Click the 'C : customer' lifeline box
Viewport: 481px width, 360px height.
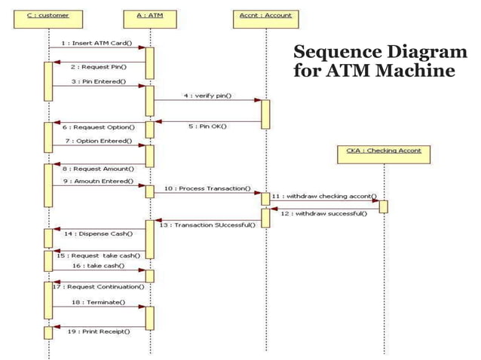[47, 15]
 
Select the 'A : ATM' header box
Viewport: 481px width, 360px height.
[149, 15]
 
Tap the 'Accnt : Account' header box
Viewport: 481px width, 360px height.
[265, 15]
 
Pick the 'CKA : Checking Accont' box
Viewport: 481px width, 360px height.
[384, 151]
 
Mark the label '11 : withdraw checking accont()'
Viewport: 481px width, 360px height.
[324, 196]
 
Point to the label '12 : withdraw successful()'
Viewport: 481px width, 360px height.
[324, 213]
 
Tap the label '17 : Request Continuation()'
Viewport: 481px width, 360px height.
[99, 286]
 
